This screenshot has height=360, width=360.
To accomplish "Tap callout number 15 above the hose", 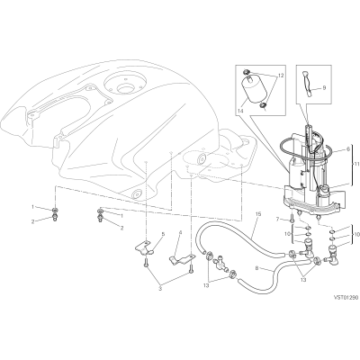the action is coord(258,214).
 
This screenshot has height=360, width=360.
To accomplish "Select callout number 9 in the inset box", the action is coord(324,88).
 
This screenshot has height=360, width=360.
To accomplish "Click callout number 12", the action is coord(281,76).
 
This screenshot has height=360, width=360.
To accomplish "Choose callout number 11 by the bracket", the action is coord(356,164).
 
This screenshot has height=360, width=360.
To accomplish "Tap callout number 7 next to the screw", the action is coord(278,220).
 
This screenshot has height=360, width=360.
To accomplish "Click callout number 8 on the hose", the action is coord(257,266).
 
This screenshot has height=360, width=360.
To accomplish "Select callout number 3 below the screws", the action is coord(160,289).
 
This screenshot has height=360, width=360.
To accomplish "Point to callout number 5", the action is coord(163,233).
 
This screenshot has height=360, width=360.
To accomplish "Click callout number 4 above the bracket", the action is coord(180,232).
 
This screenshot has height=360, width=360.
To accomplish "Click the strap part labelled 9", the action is coord(307,84).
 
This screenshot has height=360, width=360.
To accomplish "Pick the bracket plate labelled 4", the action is coord(181,259).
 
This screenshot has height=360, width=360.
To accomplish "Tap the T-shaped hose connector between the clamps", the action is coord(220,264).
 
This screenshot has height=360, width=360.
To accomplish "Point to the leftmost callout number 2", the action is coord(32,221).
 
